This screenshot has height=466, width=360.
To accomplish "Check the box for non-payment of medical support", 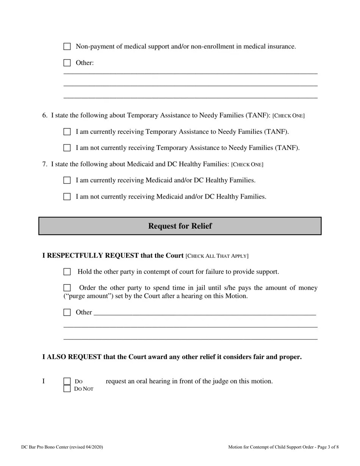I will (67, 47).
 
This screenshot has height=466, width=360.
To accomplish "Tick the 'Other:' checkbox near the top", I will (67, 63).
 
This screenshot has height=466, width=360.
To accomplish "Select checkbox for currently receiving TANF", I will (67, 132).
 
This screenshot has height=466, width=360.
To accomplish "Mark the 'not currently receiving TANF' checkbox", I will (67, 148).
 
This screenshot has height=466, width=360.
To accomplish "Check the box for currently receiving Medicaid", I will (67, 180).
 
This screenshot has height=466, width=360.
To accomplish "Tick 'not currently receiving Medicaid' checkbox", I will (67, 197).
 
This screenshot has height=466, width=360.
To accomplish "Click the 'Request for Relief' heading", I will (180, 226).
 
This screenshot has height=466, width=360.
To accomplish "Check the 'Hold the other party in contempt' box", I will (67, 272).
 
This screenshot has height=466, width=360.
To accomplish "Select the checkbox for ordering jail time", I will (67, 288).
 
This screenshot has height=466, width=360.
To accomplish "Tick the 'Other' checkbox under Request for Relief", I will (67, 313).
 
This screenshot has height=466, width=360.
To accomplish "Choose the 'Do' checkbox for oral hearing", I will (67, 381).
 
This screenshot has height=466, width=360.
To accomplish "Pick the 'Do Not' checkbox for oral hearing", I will (67, 388).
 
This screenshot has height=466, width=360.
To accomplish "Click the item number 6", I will (44, 115).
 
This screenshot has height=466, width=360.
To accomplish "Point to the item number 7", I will (44, 164).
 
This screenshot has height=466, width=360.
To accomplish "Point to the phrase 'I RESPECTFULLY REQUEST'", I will (90, 256).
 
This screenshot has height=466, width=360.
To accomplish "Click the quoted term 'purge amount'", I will (83, 296).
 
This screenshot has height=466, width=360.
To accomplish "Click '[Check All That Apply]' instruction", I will (217, 256).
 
